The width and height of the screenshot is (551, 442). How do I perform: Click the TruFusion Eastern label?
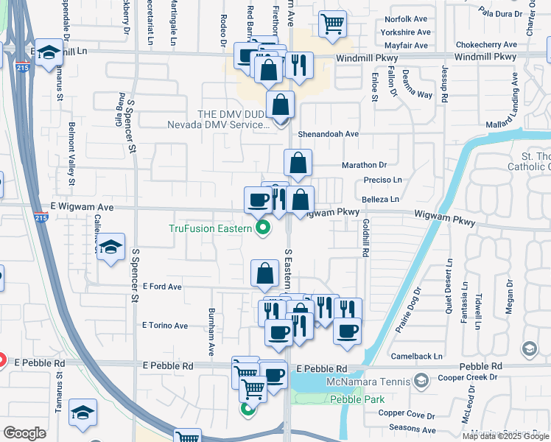pyautogui.click(x=211, y=228)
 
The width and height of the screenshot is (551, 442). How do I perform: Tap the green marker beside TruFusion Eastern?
pyautogui.click(x=262, y=228)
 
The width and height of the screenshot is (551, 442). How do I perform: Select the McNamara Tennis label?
pyautogui.click(x=370, y=381)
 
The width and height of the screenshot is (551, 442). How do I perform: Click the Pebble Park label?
pyautogui.click(x=347, y=399)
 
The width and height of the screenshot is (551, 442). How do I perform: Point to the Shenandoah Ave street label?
pyautogui.click(x=328, y=134)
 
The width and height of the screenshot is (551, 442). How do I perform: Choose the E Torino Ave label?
pyautogui.click(x=165, y=325)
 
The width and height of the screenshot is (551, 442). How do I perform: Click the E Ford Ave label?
pyautogui.click(x=162, y=286)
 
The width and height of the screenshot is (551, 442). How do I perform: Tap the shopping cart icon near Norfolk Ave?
pyautogui.click(x=332, y=24)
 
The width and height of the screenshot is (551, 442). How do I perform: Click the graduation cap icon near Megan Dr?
pyautogui.click(x=530, y=348)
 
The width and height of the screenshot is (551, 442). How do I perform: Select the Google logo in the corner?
pyautogui.click(x=24, y=432)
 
